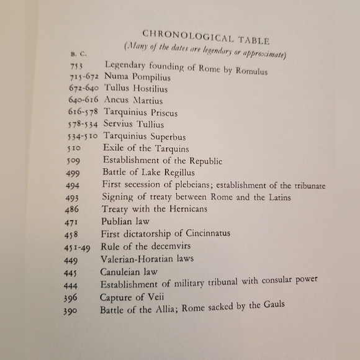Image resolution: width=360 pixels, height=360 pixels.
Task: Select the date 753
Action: tap(76, 65)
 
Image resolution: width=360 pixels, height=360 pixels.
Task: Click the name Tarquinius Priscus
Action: tap(141, 113)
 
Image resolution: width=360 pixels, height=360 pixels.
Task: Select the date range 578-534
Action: tap(84, 125)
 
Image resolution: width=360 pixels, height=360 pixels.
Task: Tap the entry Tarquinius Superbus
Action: tap(145, 137)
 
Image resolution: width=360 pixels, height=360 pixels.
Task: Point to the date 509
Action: tap(73, 161)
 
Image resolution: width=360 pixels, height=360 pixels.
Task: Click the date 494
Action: tap(73, 185)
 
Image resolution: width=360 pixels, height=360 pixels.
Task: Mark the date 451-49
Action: tap(77, 246)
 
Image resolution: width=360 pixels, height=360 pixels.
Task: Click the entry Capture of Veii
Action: tap(131, 297)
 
